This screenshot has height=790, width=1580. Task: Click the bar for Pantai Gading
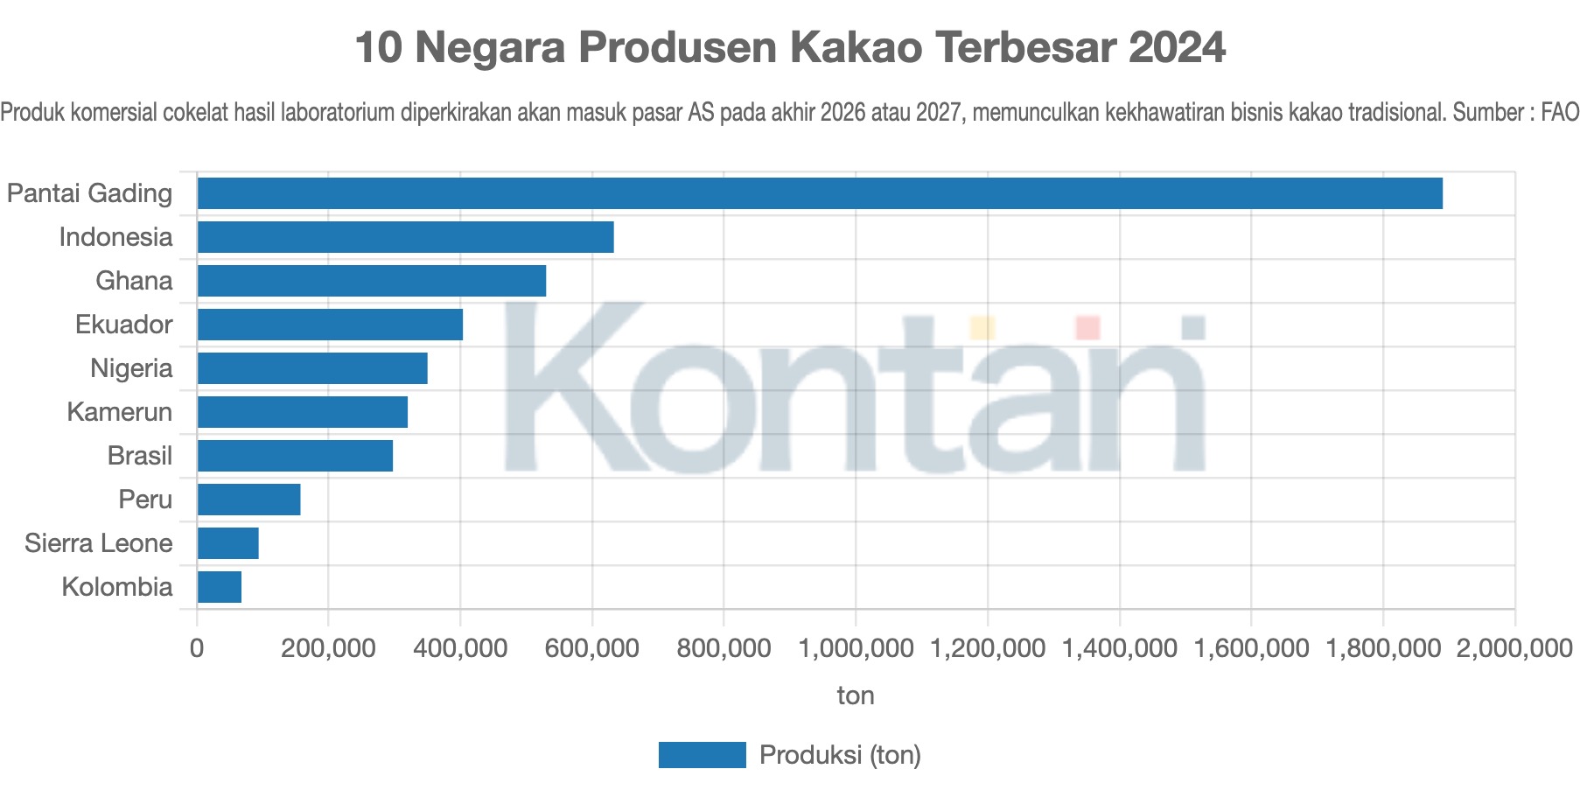tap(819, 193)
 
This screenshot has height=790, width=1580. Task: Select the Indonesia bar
tap(405, 237)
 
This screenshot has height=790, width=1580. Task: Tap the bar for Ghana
tap(371, 281)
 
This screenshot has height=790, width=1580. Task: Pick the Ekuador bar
tap(330, 325)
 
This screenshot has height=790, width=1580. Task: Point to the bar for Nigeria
tap(312, 368)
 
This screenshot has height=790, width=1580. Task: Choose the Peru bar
tap(248, 500)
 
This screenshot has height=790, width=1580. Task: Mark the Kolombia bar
tap(220, 587)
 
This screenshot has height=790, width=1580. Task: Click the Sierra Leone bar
tap(227, 543)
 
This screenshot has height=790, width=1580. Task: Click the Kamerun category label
tap(120, 412)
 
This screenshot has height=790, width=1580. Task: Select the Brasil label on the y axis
tap(140, 456)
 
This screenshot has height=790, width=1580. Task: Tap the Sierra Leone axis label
tap(99, 543)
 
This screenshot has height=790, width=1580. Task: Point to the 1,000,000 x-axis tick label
tap(856, 648)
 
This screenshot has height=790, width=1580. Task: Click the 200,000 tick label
tap(328, 648)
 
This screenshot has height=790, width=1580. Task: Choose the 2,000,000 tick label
tap(1514, 648)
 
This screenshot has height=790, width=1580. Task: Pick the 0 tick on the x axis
tap(197, 648)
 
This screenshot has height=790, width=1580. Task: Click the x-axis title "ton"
tap(856, 696)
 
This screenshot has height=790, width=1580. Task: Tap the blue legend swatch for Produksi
tap(702, 755)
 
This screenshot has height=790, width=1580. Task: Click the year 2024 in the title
tap(1177, 47)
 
